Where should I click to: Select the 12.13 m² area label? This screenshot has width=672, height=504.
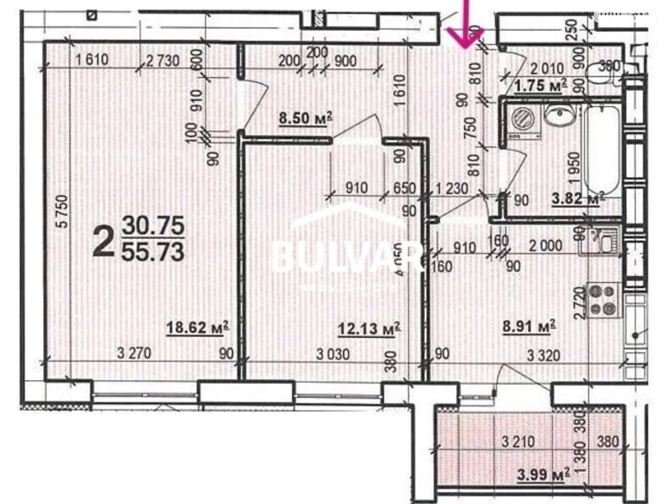[369, 328]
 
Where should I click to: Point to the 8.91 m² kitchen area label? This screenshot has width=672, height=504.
[530, 326]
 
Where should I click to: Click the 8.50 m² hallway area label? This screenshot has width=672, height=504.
[306, 118]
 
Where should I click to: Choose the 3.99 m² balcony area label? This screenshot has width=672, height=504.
[543, 475]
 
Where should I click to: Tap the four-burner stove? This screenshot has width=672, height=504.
[603, 299]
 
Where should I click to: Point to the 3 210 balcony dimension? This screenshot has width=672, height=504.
[518, 441]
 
